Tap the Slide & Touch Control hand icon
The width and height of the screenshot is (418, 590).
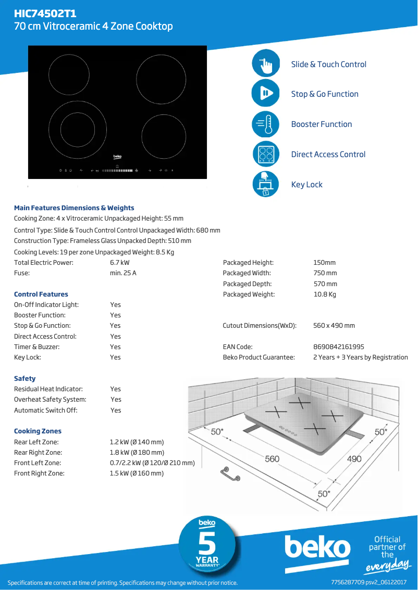tap(266, 64)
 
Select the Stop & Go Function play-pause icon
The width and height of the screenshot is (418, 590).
tap(266, 94)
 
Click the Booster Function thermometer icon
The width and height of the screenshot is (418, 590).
tap(266, 124)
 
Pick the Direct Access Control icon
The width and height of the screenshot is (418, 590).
tap(266, 154)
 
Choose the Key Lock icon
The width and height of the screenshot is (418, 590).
tap(266, 184)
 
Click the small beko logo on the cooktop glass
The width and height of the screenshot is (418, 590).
tap(118, 156)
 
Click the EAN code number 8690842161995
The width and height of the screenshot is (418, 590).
tap(338, 347)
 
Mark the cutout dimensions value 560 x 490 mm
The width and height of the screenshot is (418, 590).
tap(334, 326)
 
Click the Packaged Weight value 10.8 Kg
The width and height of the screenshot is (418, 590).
tap(325, 294)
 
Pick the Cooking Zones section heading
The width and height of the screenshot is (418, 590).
tap(38, 431)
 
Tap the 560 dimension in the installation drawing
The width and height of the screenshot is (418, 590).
tap(272, 459)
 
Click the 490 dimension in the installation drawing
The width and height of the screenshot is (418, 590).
tap(354, 459)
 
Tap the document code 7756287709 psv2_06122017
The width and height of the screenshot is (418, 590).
tap(368, 582)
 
